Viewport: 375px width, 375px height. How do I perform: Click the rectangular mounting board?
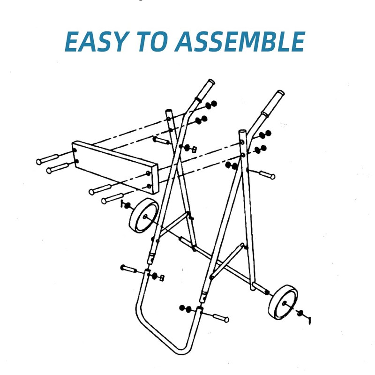[x=115, y=166]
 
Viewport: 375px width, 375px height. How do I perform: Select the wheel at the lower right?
[x=283, y=302]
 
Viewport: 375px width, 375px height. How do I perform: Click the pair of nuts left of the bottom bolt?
[x=186, y=308]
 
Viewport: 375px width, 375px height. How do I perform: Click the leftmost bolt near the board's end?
[x=48, y=159]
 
